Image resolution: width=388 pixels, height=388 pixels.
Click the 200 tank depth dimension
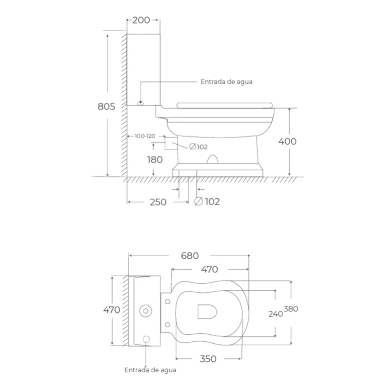(x=141, y=20)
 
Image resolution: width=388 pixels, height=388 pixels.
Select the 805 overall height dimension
(x=106, y=106)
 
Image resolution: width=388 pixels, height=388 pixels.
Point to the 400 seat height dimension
(x=287, y=141)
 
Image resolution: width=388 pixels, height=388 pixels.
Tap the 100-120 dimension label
(x=145, y=136)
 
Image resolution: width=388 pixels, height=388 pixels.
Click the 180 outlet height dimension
(x=155, y=160)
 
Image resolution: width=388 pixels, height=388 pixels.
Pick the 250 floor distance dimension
(x=158, y=202)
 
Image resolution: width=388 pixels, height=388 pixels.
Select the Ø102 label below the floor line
(x=207, y=201)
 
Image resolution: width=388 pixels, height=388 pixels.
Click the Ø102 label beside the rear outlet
(x=198, y=147)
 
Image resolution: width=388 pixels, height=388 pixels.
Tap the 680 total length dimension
(x=190, y=256)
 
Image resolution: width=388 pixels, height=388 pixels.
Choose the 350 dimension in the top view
(x=208, y=359)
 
